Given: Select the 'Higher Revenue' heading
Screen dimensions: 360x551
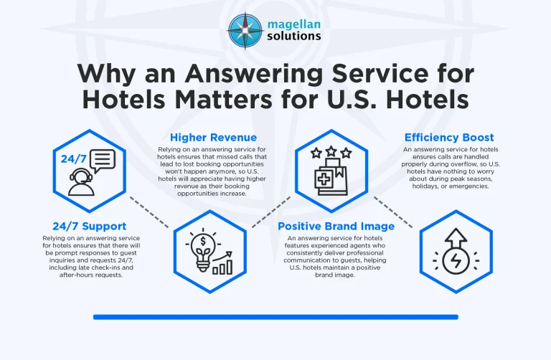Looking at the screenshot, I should (213, 137).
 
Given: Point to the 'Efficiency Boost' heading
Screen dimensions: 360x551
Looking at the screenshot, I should (449, 137).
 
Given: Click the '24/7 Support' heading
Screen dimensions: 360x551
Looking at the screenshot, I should (90, 226).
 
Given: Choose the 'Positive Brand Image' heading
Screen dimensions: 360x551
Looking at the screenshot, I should (336, 226).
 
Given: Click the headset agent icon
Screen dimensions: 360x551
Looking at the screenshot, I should (81, 183).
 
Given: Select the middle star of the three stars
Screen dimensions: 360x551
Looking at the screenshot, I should (331, 152).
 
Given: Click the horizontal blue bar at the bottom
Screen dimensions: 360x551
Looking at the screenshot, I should (275, 316).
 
